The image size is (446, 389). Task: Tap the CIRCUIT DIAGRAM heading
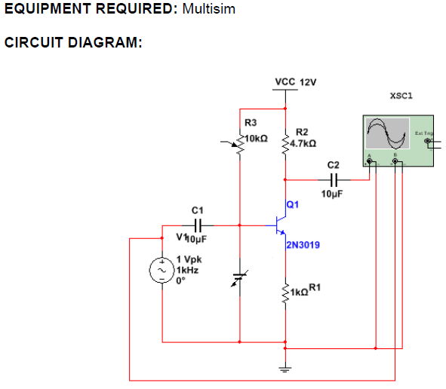pos(73,42)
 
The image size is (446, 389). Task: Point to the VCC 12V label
pos(295,81)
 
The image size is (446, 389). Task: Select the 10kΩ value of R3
pos(258,138)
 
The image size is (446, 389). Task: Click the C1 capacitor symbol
pos(198,225)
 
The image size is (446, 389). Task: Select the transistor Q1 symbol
pos(280,225)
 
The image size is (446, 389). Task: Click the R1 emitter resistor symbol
pos(286,290)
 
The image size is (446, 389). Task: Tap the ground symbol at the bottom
pos(285,369)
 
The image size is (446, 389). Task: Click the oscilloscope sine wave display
pos(386,134)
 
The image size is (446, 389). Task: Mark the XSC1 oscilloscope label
pos(401,96)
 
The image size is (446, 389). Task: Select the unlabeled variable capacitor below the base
pos(238,279)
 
